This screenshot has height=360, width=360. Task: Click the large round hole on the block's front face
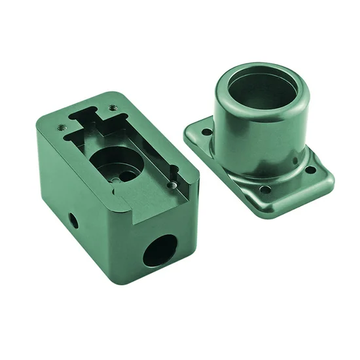click(160, 250)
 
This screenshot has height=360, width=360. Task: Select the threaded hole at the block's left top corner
click(62, 127)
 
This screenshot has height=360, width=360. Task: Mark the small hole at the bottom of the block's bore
click(116, 175)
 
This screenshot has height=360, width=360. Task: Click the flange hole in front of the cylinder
click(265, 190)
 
